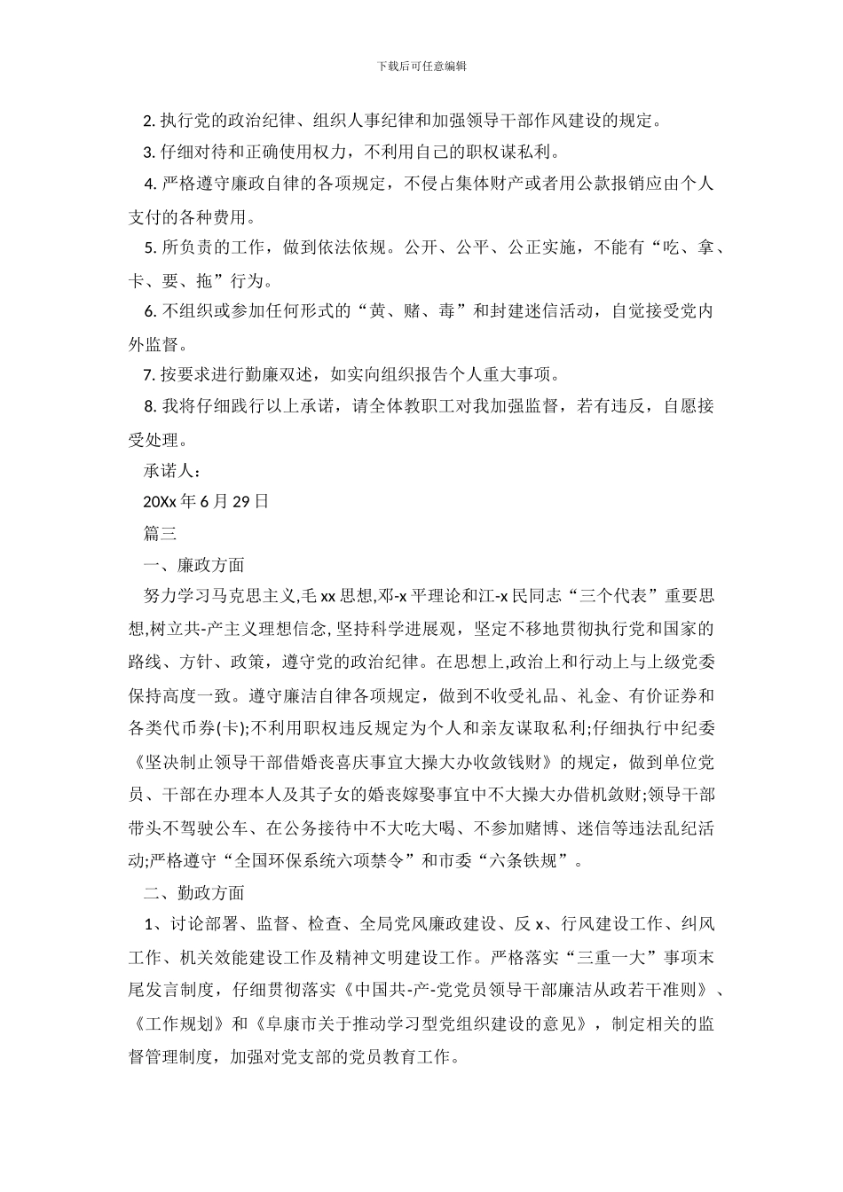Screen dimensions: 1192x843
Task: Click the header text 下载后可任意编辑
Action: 421,66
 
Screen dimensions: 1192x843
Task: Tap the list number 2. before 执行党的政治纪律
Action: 150,120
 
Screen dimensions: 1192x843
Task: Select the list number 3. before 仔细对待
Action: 150,152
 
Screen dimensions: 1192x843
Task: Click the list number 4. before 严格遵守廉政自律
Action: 150,184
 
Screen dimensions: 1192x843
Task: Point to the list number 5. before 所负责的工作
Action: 150,248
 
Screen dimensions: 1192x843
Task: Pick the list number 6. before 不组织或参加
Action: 150,311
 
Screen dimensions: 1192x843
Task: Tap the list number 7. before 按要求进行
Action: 150,374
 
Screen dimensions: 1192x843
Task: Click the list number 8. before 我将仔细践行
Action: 150,406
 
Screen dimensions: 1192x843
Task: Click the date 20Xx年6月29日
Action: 206,502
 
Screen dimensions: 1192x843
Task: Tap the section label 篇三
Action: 161,533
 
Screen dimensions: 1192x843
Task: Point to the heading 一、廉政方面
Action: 193,565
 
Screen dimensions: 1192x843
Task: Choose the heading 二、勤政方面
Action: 193,892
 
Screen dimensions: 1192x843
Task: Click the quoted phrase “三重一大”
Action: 613,957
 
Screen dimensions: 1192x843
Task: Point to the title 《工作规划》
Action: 179,1023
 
